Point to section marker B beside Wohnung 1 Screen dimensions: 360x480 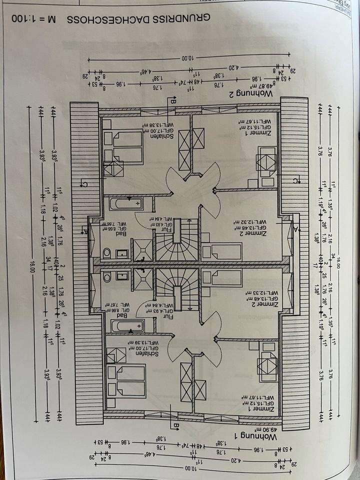tap(176, 426)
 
